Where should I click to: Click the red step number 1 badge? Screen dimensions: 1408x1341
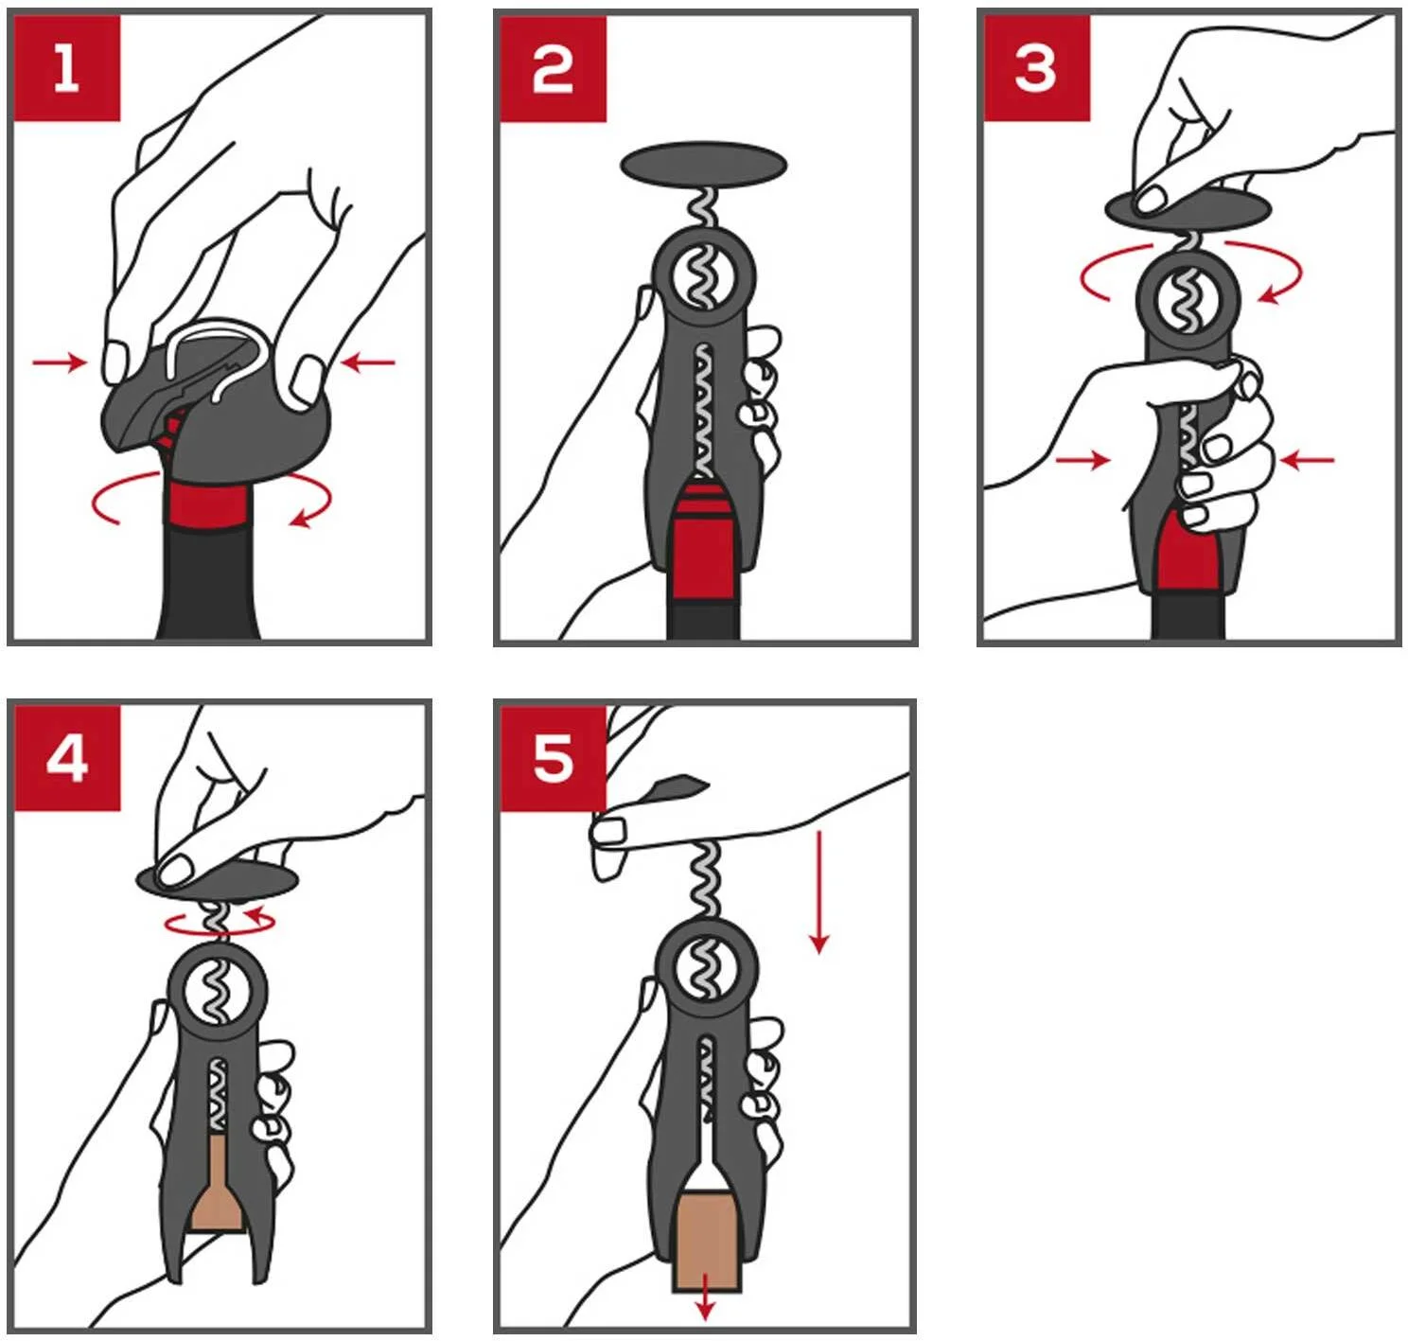67,69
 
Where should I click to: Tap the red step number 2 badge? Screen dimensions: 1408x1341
553,69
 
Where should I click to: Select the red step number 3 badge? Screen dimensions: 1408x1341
1037,69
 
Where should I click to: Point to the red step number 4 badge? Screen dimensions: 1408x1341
67,759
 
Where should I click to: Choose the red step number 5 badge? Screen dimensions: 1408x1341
553,759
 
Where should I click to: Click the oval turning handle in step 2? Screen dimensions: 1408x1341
703,166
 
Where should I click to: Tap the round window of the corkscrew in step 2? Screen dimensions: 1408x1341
702,278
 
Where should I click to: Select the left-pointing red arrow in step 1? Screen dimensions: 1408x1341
368,362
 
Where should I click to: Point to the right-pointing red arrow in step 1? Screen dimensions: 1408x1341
60,362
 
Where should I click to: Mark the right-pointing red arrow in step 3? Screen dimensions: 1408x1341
1082,460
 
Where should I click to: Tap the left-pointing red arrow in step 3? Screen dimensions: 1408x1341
1307,460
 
